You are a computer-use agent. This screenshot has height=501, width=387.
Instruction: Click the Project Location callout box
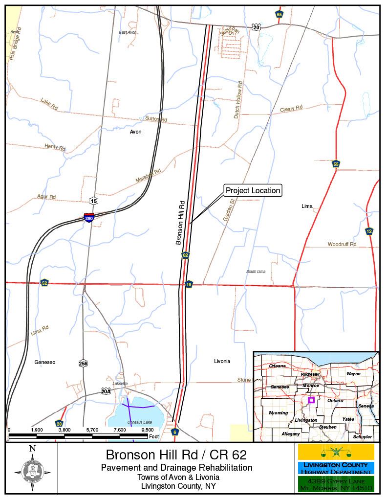pyautogui.click(x=253, y=190)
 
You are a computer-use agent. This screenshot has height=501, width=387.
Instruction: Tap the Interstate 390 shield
pyautogui.click(x=88, y=218)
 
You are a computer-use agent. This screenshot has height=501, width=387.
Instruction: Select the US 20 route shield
pyautogui.click(x=257, y=27)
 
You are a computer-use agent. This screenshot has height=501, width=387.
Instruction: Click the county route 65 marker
pyautogui.click(x=279, y=14)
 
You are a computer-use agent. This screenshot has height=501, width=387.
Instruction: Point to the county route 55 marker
pyautogui.click(x=336, y=164)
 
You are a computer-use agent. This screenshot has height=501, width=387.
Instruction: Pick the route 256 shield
pyautogui.click(x=83, y=363)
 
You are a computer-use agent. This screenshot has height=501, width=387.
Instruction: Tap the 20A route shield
pyautogui.click(x=106, y=391)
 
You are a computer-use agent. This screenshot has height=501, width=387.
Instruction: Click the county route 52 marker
pyautogui.click(x=44, y=283)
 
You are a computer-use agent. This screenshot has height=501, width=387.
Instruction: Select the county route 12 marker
pyautogui.click(x=369, y=231)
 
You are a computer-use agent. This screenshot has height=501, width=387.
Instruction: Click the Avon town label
pyautogui.click(x=135, y=132)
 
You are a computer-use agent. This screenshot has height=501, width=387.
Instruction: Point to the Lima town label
pyautogui.click(x=307, y=206)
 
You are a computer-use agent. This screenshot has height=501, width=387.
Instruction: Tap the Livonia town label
pyautogui.click(x=222, y=362)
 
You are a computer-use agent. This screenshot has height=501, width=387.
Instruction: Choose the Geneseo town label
pyautogui.click(x=45, y=363)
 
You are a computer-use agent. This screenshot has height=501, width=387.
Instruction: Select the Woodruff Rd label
pyautogui.click(x=342, y=244)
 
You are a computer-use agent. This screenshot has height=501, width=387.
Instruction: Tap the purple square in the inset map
pyautogui.click(x=311, y=400)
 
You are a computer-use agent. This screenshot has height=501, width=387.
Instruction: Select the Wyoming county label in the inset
pyautogui.click(x=278, y=413)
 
